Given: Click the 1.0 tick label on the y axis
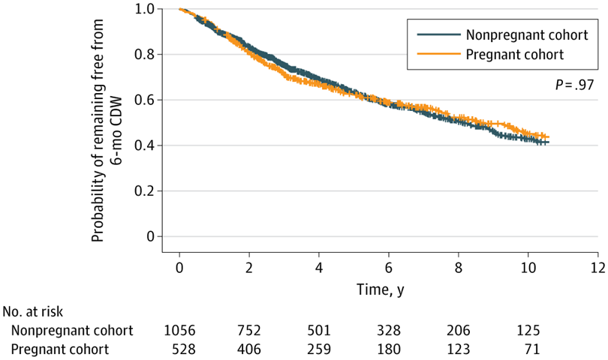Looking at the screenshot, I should click(144, 9).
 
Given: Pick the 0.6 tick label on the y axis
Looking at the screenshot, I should click(144, 100).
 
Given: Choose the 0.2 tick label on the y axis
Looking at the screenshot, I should click(144, 190).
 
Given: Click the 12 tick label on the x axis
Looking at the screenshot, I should click(597, 268).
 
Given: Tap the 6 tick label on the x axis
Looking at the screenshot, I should click(389, 268).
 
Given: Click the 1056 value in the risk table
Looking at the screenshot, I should click(179, 331).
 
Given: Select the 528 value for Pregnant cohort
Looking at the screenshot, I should click(179, 349).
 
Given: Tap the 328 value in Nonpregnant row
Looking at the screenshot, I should click(389, 331).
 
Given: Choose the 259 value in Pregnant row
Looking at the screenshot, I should click(319, 349).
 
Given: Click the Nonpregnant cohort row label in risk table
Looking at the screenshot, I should click(72, 331).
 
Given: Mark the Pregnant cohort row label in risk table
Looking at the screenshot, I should click(65, 349).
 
